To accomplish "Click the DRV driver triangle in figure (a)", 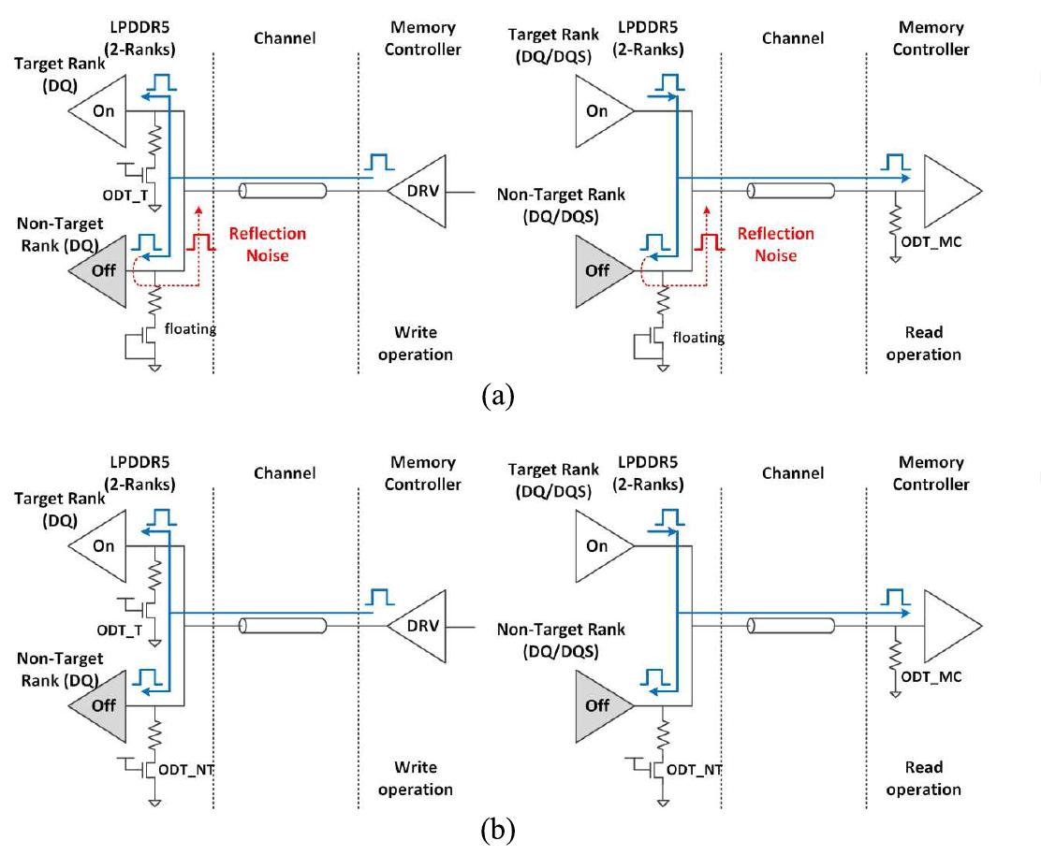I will (x=418, y=191).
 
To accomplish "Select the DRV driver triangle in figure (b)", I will (x=418, y=626).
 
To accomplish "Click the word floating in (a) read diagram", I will (x=698, y=337).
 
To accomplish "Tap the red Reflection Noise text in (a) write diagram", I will (x=268, y=243).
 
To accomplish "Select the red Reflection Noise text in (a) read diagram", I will (x=775, y=243).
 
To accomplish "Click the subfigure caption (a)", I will (x=497, y=395).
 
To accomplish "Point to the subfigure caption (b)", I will (x=497, y=830).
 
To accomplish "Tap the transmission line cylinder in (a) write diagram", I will (x=283, y=191).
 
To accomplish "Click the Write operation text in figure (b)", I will (x=416, y=777).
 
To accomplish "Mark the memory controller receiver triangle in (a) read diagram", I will (x=947, y=191).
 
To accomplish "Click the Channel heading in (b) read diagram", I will (x=792, y=473).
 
